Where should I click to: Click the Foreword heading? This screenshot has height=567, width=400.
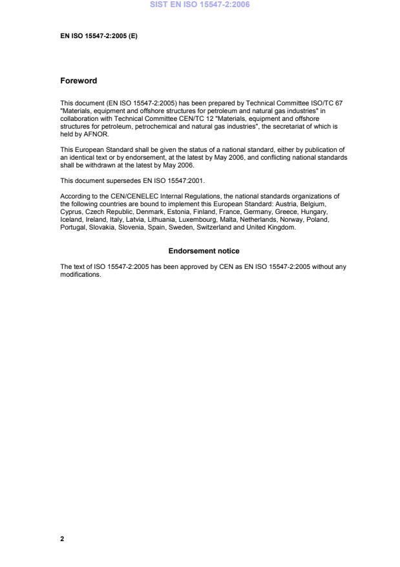[x=78, y=81]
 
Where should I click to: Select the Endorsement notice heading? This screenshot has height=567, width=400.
[x=204, y=250]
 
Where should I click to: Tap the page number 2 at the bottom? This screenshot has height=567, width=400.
[x=62, y=538]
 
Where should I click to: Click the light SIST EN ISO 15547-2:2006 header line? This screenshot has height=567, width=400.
[x=200, y=5]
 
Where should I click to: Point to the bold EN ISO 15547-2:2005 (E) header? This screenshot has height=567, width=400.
[x=99, y=36]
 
